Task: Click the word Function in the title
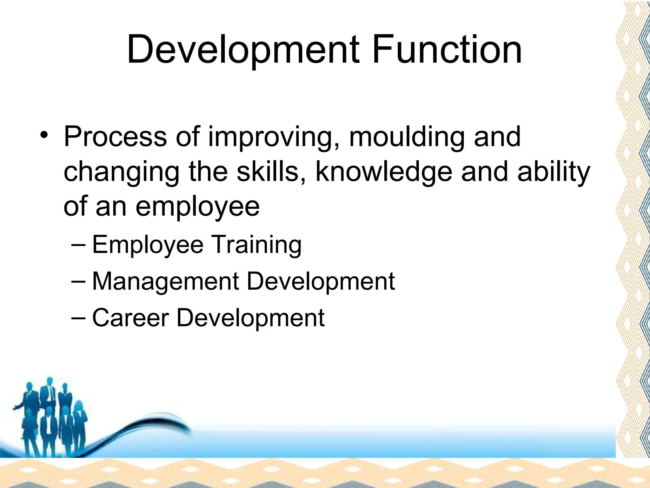pyautogui.click(x=447, y=50)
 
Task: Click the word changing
pyautogui.click(x=122, y=173)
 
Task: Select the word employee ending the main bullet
pyautogui.click(x=197, y=207)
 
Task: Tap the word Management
pyautogui.click(x=165, y=282)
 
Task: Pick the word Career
pyautogui.click(x=130, y=318)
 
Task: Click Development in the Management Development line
pyautogui.click(x=321, y=282)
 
